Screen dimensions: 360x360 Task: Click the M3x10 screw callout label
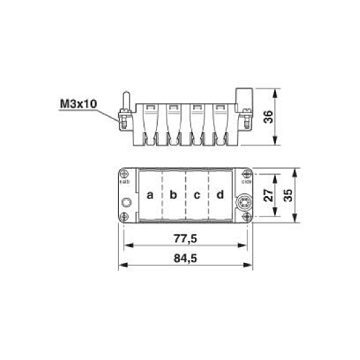[x=78, y=103]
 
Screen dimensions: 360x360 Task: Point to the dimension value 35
[x=289, y=195]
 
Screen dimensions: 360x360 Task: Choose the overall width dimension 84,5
[x=185, y=259]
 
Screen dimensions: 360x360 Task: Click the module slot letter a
[x=150, y=195]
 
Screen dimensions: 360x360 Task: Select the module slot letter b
[x=174, y=195]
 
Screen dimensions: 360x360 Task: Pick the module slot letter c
[x=197, y=195]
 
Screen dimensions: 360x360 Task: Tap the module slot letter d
[x=220, y=195]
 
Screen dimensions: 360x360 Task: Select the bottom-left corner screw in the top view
[x=125, y=217]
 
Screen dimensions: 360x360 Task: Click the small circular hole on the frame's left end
[x=126, y=203]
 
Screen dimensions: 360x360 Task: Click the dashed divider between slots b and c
[x=186, y=195]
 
